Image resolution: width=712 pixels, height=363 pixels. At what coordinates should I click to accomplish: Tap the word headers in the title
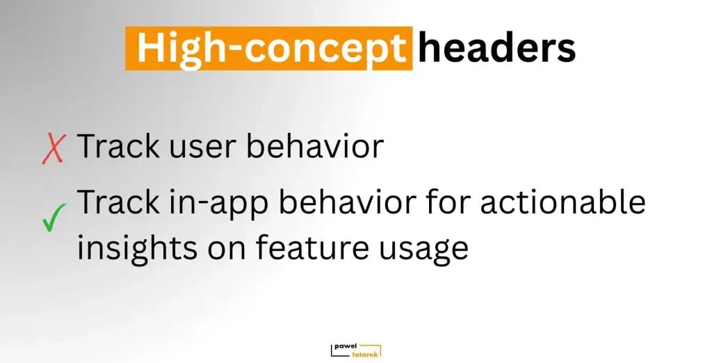pos(496,47)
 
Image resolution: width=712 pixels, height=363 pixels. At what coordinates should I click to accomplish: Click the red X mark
pos(54,149)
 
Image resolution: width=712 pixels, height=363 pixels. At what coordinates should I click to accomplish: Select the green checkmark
pos(54,218)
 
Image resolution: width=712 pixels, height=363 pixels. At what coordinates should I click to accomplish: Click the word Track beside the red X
pos(119,146)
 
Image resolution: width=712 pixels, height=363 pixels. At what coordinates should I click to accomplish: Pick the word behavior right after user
pos(315,146)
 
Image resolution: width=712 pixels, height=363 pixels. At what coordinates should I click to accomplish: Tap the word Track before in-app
pos(119,202)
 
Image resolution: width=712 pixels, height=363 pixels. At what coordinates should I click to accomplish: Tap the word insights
pos(137,250)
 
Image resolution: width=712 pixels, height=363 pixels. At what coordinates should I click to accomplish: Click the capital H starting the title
pos(151,48)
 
